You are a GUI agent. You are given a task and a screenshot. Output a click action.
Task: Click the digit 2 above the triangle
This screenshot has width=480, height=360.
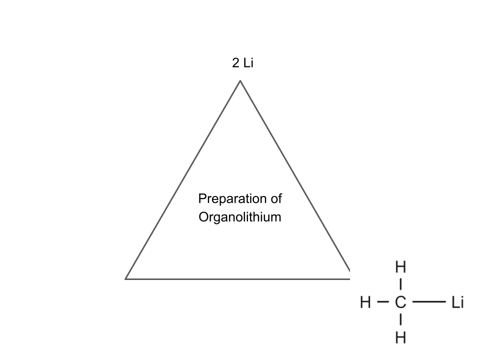pyautogui.click(x=235, y=63)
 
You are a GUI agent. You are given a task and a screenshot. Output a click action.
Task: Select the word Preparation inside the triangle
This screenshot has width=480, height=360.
pyautogui.click(x=230, y=199)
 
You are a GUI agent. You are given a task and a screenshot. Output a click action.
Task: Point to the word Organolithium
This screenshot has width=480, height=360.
pyautogui.click(x=240, y=217)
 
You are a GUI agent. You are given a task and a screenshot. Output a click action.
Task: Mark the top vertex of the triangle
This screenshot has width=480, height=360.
pyautogui.click(x=240, y=80)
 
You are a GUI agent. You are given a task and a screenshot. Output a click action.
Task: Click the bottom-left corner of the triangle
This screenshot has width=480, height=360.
pyautogui.click(x=126, y=278)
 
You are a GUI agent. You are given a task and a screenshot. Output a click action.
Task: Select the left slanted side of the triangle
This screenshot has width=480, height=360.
pyautogui.click(x=183, y=180)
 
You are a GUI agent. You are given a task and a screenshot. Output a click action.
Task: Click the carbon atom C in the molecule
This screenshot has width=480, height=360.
pyautogui.click(x=400, y=302)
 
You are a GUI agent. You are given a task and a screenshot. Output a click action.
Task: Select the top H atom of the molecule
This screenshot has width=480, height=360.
pyautogui.click(x=400, y=267)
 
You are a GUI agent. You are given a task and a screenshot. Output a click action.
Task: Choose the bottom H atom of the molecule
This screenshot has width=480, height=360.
pyautogui.click(x=400, y=338)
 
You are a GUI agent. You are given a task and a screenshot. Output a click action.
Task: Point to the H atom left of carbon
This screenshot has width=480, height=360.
pyautogui.click(x=366, y=302)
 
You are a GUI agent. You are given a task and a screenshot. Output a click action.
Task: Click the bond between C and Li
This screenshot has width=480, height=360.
pyautogui.click(x=429, y=302)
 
